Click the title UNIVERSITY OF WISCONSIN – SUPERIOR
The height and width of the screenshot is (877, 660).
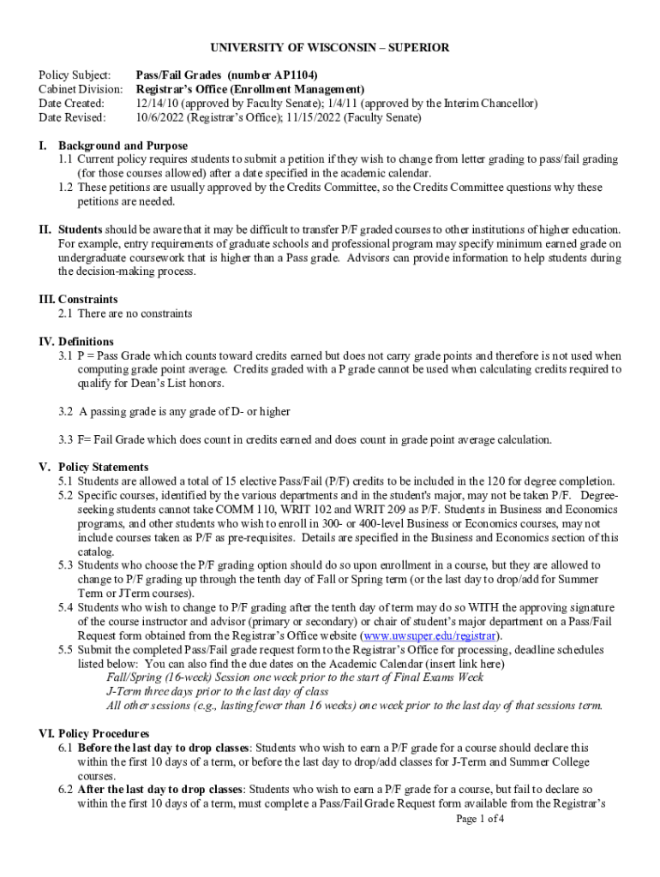click(x=330, y=48)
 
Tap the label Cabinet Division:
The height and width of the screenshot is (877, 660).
click(x=81, y=88)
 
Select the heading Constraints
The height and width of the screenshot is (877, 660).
click(x=88, y=300)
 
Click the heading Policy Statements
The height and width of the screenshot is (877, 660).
click(x=103, y=467)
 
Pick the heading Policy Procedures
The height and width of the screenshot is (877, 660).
click(x=103, y=734)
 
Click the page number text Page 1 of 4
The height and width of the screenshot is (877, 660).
click(x=480, y=819)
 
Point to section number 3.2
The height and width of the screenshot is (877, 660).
click(x=65, y=411)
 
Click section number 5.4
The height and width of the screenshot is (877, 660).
click(x=65, y=607)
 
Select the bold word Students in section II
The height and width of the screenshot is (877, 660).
click(x=80, y=230)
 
